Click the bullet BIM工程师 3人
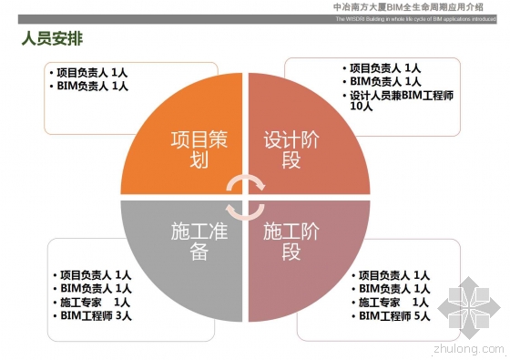(95, 316)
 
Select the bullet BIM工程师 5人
(393, 316)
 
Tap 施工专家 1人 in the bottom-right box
(393, 302)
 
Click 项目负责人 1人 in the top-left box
(91, 72)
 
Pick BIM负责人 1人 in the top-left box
(91, 86)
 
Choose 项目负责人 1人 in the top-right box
(385, 67)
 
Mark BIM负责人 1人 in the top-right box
(385, 81)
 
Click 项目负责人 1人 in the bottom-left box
(95, 274)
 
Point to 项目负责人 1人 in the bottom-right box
(393, 274)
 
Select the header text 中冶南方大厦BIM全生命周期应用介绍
(419, 6)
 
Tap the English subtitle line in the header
(419, 18)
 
